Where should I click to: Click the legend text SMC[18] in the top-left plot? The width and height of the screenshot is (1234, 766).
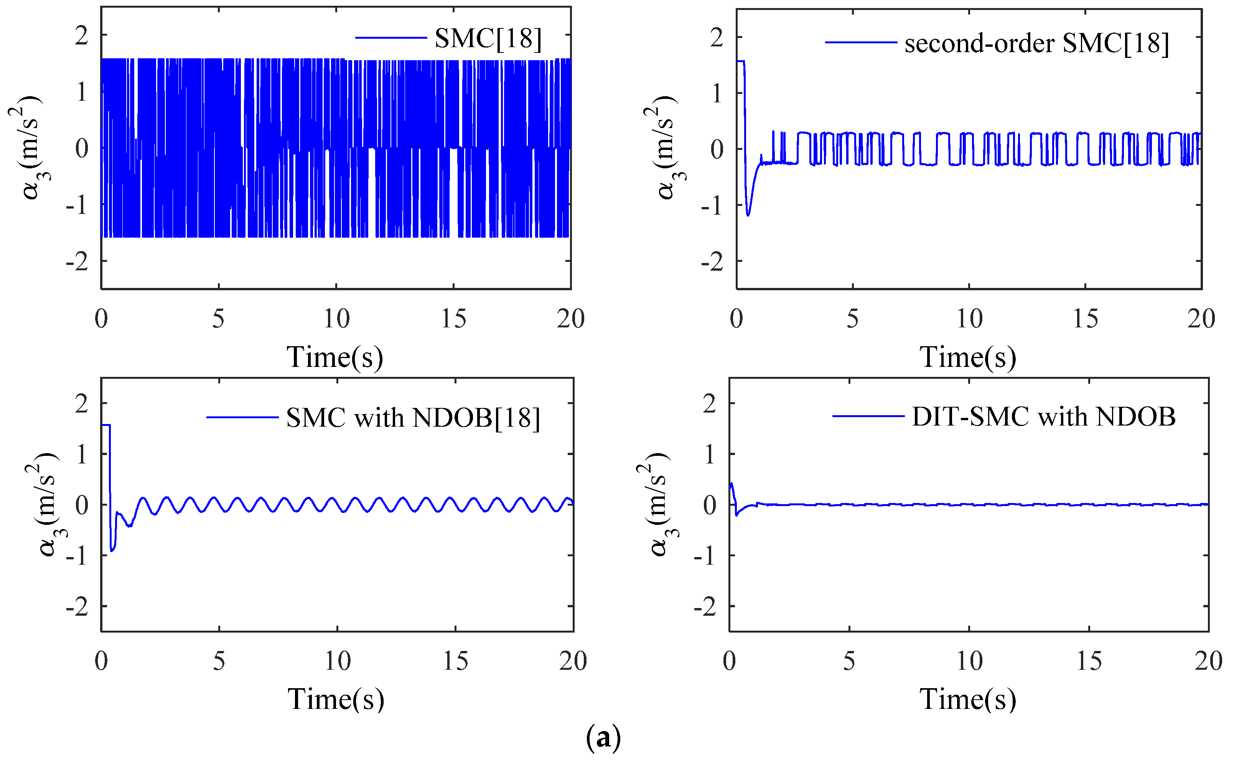point(488,38)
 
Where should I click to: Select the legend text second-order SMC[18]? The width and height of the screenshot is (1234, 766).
point(1037,44)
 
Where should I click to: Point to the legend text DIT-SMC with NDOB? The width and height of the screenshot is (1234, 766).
point(1043,418)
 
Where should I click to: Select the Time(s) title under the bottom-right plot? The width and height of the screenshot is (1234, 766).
point(968,700)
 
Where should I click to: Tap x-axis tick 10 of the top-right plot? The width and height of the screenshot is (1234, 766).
point(969,319)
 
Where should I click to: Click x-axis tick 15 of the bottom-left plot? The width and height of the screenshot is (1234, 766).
point(455,661)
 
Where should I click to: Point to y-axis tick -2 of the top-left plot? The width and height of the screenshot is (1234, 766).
point(77,262)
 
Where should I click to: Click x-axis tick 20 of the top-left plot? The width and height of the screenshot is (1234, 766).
point(571,319)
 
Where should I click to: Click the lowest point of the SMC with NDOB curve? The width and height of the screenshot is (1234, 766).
point(112,551)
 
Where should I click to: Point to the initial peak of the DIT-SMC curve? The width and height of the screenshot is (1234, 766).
point(731,484)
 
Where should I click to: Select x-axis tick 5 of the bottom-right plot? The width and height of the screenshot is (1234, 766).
point(849,661)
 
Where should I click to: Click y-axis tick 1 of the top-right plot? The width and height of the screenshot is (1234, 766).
point(716,94)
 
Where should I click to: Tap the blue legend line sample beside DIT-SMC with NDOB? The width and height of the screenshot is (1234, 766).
point(868,416)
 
